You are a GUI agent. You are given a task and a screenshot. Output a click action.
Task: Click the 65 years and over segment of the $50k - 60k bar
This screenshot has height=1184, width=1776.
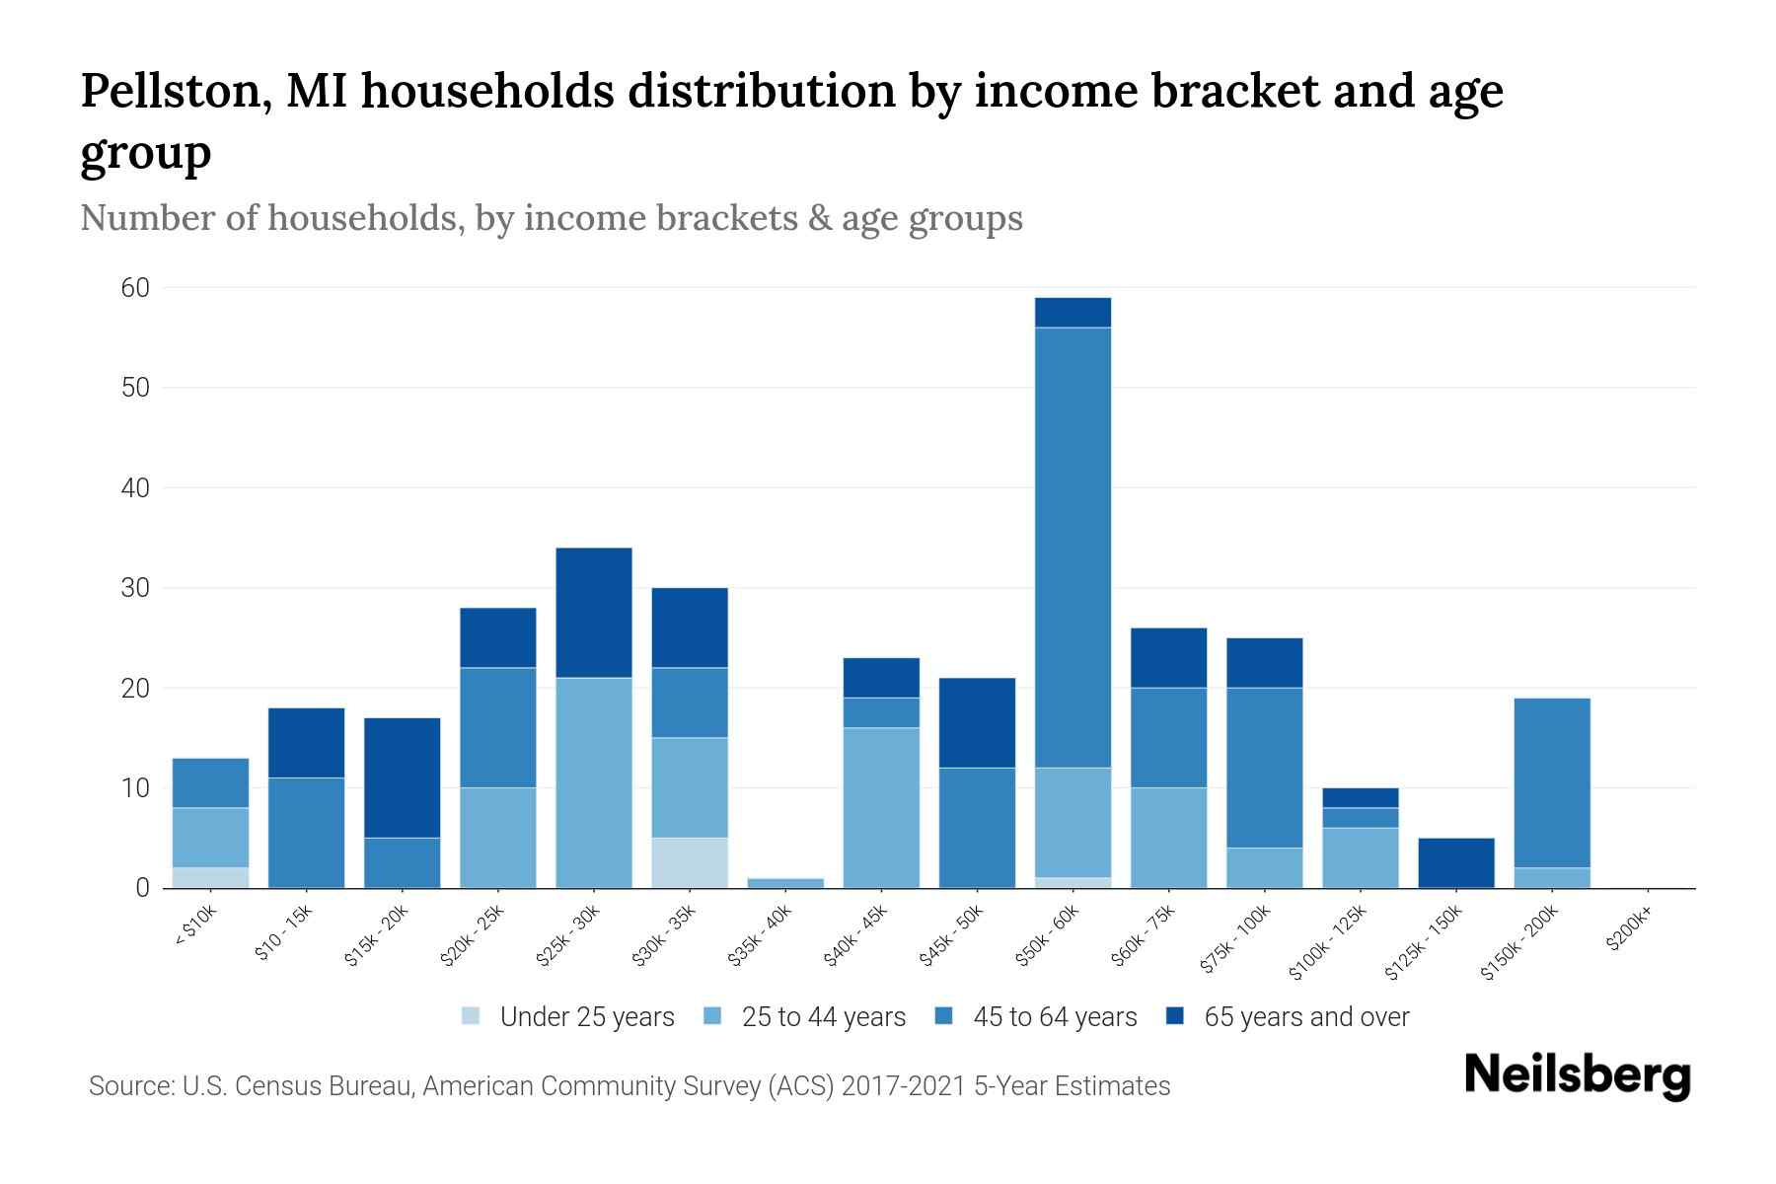(x=1073, y=312)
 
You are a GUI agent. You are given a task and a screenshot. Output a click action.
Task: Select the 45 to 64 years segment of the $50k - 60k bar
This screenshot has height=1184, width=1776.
(x=1073, y=548)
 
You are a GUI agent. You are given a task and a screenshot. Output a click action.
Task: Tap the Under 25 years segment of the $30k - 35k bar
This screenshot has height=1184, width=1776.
(x=690, y=863)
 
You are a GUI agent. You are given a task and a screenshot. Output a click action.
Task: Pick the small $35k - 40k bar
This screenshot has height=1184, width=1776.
(x=785, y=883)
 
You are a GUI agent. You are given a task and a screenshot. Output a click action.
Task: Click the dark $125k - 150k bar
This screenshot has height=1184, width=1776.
(x=1455, y=863)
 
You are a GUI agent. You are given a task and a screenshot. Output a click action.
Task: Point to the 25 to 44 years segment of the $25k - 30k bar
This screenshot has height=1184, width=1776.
(x=594, y=782)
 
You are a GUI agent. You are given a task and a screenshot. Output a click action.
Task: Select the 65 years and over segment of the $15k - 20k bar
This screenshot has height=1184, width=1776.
(x=403, y=777)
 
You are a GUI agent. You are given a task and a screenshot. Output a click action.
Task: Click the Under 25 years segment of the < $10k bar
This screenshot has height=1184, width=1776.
(x=210, y=878)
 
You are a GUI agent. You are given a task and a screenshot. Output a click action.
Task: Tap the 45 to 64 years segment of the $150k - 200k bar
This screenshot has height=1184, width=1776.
(x=1551, y=782)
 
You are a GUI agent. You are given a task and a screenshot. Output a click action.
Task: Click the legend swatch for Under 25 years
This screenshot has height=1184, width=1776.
(x=472, y=1016)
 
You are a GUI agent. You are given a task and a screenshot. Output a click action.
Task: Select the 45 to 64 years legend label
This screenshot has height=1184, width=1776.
(x=1054, y=1017)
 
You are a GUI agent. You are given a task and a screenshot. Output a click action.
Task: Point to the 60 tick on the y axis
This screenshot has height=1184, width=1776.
(x=135, y=288)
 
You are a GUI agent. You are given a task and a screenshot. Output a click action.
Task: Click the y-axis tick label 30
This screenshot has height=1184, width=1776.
(x=135, y=588)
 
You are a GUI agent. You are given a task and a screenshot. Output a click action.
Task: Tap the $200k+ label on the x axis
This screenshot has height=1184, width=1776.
(x=1629, y=931)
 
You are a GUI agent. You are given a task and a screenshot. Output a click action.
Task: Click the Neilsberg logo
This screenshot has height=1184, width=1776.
(x=1577, y=1075)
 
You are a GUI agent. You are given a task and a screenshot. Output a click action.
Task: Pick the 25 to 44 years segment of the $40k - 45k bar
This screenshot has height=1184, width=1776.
(x=881, y=808)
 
